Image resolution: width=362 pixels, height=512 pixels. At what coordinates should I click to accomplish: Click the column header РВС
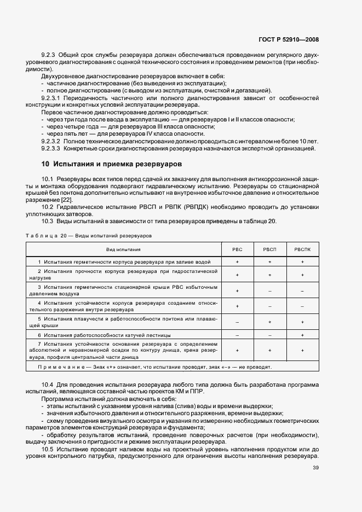click(x=237, y=249)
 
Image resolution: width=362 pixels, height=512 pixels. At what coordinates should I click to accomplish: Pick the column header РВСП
click(x=269, y=249)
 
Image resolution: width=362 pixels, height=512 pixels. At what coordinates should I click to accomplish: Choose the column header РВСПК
click(x=302, y=249)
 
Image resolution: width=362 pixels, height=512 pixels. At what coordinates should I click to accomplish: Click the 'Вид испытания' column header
click(x=123, y=249)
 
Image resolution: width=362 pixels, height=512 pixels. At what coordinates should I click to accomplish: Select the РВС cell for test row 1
click(x=237, y=263)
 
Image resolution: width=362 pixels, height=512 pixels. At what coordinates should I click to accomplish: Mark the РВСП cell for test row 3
click(x=269, y=290)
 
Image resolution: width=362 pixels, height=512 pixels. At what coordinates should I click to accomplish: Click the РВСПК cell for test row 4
click(x=302, y=306)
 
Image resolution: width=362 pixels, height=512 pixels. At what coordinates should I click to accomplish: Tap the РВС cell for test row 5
click(x=237, y=322)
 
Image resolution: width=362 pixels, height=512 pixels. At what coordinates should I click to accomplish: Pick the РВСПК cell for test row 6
click(x=302, y=335)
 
